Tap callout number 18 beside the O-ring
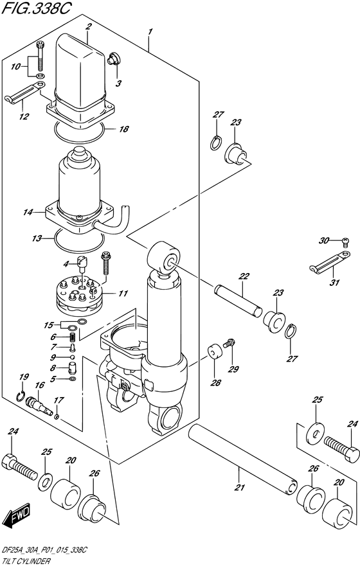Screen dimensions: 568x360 click(x=123, y=129)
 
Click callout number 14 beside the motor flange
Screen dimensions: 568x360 click(x=28, y=211)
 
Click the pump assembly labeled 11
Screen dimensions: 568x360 click(x=78, y=294)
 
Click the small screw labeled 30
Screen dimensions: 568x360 click(x=344, y=241)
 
